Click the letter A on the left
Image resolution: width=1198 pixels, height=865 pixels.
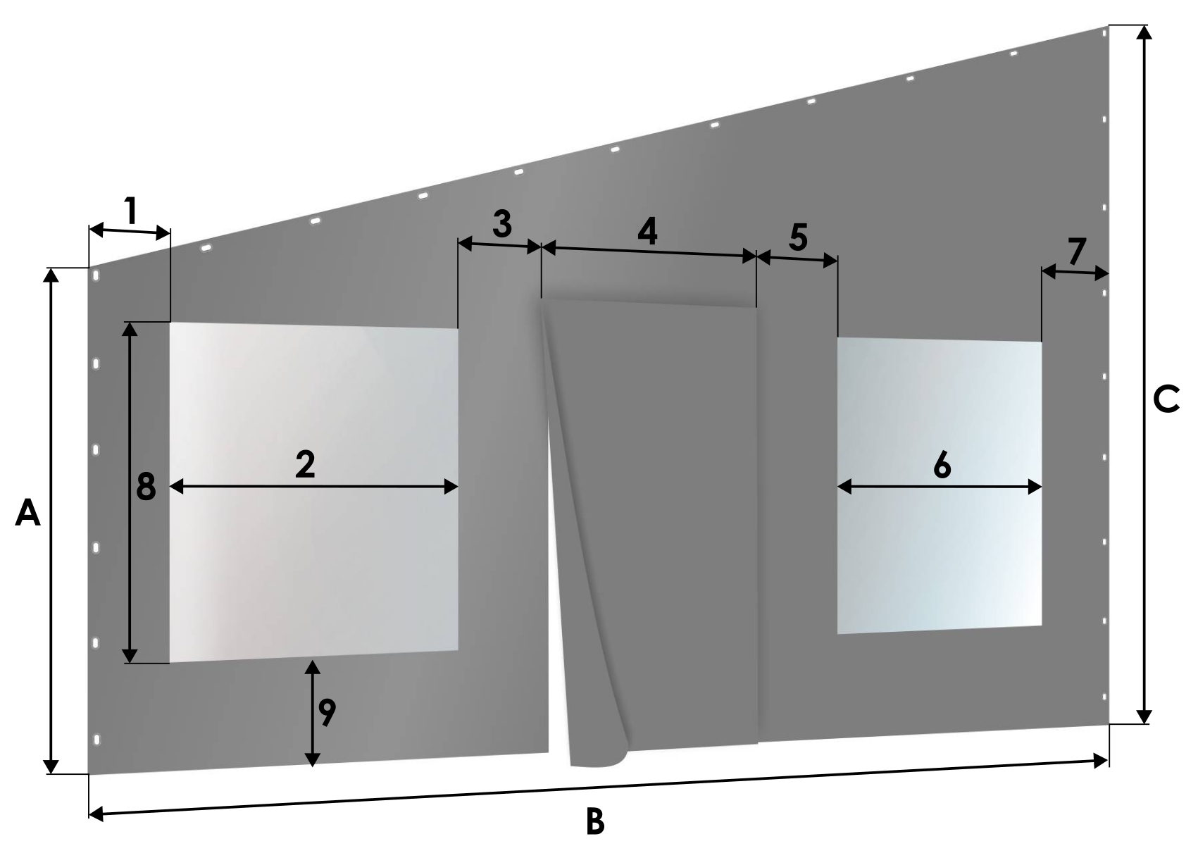click(27, 513)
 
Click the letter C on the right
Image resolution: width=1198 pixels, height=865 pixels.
click(1166, 399)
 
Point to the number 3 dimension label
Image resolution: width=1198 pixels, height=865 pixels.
click(501, 223)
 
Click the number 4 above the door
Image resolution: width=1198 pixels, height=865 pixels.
click(647, 232)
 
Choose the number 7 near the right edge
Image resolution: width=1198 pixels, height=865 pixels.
click(1078, 251)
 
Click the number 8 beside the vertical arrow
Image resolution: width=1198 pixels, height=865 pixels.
click(146, 486)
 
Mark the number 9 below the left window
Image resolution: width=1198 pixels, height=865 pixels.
click(327, 712)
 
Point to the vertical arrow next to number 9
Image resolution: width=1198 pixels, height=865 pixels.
click(312, 713)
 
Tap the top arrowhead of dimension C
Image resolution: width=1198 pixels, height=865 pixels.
click(1144, 32)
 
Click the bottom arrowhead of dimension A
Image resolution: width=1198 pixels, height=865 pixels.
click(51, 766)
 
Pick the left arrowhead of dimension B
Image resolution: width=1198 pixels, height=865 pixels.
click(96, 814)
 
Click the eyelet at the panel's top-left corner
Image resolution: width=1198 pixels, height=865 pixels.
click(96, 275)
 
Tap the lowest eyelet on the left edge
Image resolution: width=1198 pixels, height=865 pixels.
click(96, 740)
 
